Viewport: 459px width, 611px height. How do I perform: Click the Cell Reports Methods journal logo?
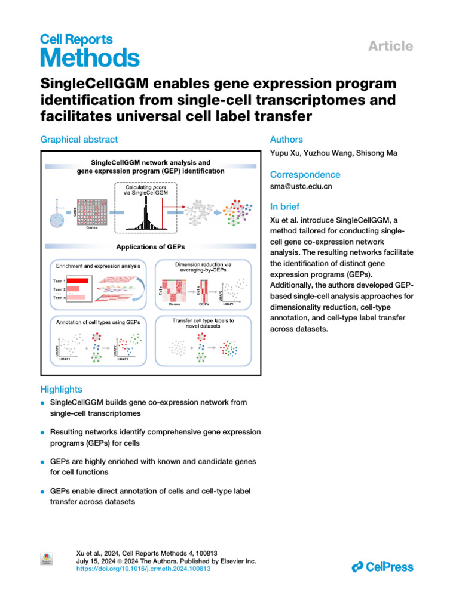point(90,51)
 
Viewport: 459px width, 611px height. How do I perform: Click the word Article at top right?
point(391,46)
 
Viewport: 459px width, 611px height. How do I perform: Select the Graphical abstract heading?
point(79,140)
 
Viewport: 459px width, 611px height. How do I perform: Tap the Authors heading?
point(286,140)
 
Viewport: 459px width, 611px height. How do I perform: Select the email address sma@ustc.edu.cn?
point(302,186)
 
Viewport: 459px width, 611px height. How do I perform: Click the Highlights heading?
point(61,389)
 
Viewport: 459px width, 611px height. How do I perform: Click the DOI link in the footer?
point(144,569)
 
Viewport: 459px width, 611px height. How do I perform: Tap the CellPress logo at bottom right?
point(382,566)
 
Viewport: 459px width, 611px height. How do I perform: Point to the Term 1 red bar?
point(76,280)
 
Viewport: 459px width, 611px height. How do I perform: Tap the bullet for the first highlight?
point(43,403)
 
